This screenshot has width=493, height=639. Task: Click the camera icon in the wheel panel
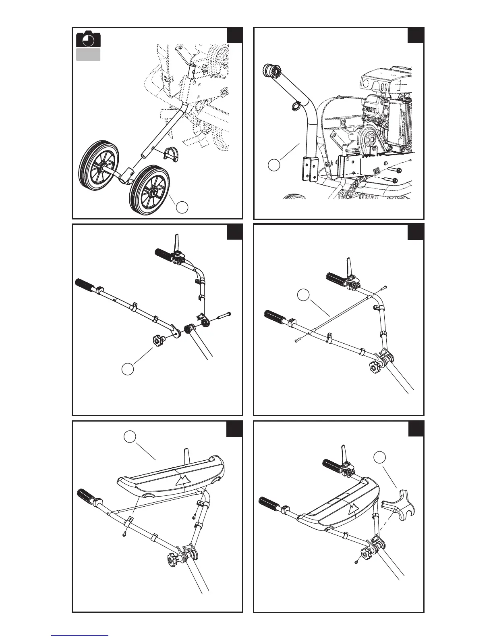[x=88, y=39]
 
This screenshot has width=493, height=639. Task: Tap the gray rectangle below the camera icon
[x=88, y=55]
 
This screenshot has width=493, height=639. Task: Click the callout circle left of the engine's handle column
[x=274, y=165]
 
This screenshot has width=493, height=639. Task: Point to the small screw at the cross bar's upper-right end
[x=384, y=287]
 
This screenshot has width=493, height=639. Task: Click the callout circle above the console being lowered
[x=129, y=436]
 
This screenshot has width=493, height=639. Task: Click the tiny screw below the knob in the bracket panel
[x=357, y=562]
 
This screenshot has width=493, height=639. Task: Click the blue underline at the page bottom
[x=80, y=635]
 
